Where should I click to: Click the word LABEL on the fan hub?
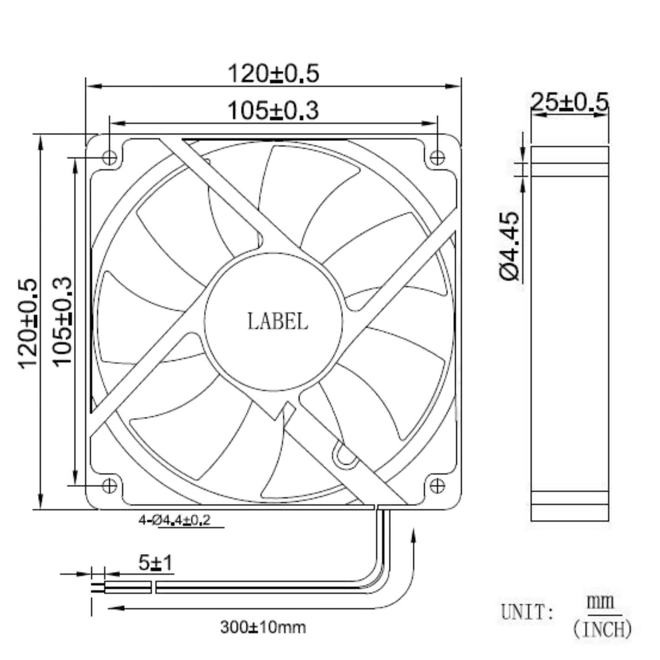277,322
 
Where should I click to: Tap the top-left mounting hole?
109,158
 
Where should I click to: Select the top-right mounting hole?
437,158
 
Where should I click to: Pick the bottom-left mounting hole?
109,486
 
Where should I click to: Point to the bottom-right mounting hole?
437,486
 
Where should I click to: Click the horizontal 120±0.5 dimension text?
273,73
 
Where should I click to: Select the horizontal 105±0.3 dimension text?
273,110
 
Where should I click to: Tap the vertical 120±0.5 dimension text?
27,324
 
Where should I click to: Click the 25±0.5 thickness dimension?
570,101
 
